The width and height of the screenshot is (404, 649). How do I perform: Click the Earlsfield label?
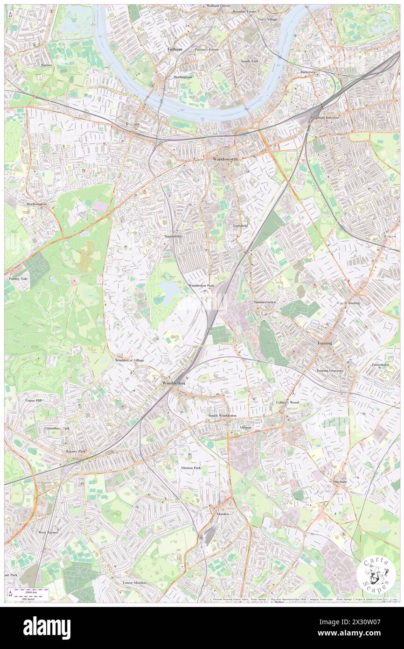(x=240, y=226)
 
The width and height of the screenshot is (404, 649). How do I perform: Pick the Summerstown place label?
(x=265, y=302)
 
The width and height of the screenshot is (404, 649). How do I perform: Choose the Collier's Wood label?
(x=287, y=402)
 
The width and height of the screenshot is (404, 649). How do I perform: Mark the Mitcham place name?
(x=340, y=481)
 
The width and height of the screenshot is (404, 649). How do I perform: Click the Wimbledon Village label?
(x=129, y=360)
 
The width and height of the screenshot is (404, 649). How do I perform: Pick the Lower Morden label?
(x=134, y=583)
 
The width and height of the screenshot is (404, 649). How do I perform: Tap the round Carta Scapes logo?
(x=376, y=575)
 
